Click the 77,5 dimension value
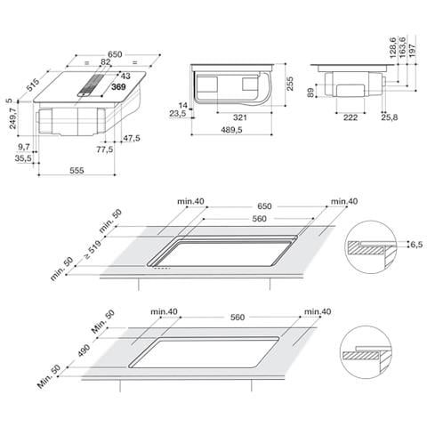(x=105, y=149)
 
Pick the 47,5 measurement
(x=132, y=138)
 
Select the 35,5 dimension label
(x=23, y=157)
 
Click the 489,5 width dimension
(x=234, y=130)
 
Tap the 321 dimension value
(x=238, y=117)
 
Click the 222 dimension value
(x=352, y=117)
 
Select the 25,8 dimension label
(x=388, y=117)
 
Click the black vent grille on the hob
(x=93, y=83)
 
